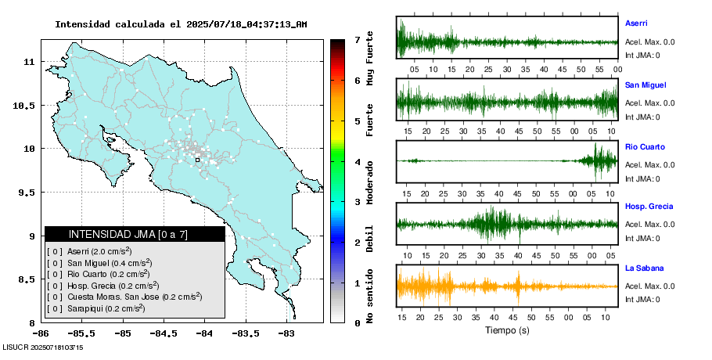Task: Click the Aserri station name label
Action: point(636,23)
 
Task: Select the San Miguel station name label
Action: point(645,85)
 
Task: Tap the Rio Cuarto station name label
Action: point(645,146)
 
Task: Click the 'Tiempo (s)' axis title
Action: point(507,330)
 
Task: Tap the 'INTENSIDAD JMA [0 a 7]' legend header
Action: point(135,234)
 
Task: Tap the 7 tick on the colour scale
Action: point(357,39)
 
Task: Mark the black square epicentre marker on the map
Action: point(198,160)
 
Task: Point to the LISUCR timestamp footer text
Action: point(44,347)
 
